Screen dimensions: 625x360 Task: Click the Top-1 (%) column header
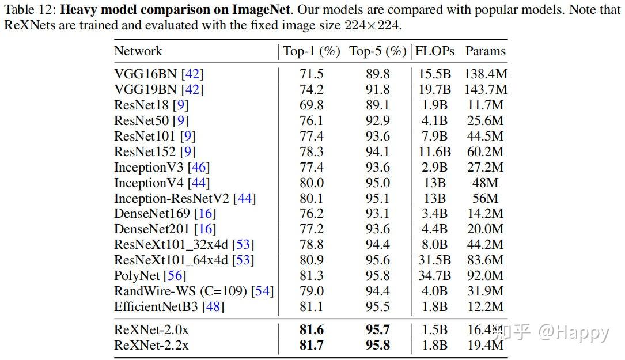pyautogui.click(x=311, y=51)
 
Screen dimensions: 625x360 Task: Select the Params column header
pyautogui.click(x=485, y=51)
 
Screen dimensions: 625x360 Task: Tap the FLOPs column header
pyautogui.click(x=434, y=51)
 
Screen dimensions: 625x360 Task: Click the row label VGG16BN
pyautogui.click(x=145, y=74)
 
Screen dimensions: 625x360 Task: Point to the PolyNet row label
pyautogui.click(x=137, y=276)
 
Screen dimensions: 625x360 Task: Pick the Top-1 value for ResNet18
pyautogui.click(x=311, y=105)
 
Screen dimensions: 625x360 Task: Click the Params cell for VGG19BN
pyautogui.click(x=486, y=90)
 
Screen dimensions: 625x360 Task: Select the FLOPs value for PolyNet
pyautogui.click(x=434, y=275)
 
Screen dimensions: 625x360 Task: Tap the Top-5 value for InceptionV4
pyautogui.click(x=377, y=183)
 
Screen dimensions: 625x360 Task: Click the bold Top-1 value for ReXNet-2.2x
pyautogui.click(x=311, y=345)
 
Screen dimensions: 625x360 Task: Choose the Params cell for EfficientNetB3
pyautogui.click(x=485, y=306)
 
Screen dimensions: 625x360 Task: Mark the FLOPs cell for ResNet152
pyautogui.click(x=434, y=152)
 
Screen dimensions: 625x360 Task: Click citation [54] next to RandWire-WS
pyautogui.click(x=262, y=291)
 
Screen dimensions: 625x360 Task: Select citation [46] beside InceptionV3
pyautogui.click(x=199, y=168)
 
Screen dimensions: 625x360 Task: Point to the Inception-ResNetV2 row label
pyautogui.click(x=172, y=199)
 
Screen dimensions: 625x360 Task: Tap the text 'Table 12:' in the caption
pyautogui.click(x=31, y=9)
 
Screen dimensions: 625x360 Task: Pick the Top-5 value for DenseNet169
pyautogui.click(x=377, y=214)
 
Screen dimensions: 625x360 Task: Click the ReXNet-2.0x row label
pyautogui.click(x=151, y=330)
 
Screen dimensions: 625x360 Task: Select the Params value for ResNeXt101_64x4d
pyautogui.click(x=485, y=260)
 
